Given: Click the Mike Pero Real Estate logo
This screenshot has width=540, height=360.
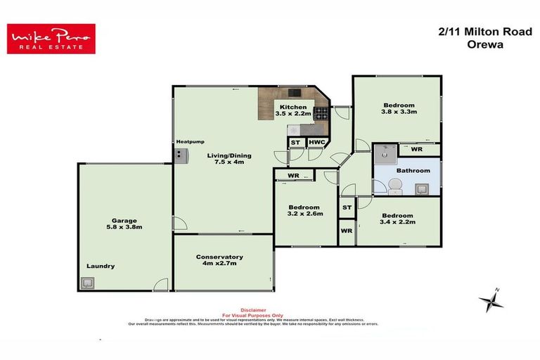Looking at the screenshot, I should coord(51,39).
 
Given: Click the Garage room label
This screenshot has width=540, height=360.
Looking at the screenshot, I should coord(123,224).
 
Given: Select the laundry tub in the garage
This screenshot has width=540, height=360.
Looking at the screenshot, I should coord(88,283).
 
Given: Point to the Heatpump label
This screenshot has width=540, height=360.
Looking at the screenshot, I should coord(190,142).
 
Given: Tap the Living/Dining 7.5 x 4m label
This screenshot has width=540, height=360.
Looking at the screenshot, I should coord(229,160).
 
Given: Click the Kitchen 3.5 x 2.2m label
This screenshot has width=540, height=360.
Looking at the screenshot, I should coord(293,110).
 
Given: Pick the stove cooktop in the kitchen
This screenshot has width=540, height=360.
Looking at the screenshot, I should coord(321,112).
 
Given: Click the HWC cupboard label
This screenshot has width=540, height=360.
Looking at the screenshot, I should coord(317,143).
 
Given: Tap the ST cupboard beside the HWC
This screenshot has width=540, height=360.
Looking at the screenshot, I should coord(296,143).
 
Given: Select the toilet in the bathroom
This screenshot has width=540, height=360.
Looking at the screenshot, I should coord(394,186).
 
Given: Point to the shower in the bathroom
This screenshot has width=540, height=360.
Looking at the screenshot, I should coord(385,153).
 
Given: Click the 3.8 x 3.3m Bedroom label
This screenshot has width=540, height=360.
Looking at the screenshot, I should coord(399,108).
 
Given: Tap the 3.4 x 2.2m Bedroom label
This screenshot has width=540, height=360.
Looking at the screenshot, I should coord(398,219).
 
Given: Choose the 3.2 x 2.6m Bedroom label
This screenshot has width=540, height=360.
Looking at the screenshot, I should coord(305,212).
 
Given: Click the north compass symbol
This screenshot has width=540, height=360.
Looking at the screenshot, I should coord(490,301).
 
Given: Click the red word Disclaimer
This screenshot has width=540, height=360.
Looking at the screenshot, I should coord(253,309).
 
